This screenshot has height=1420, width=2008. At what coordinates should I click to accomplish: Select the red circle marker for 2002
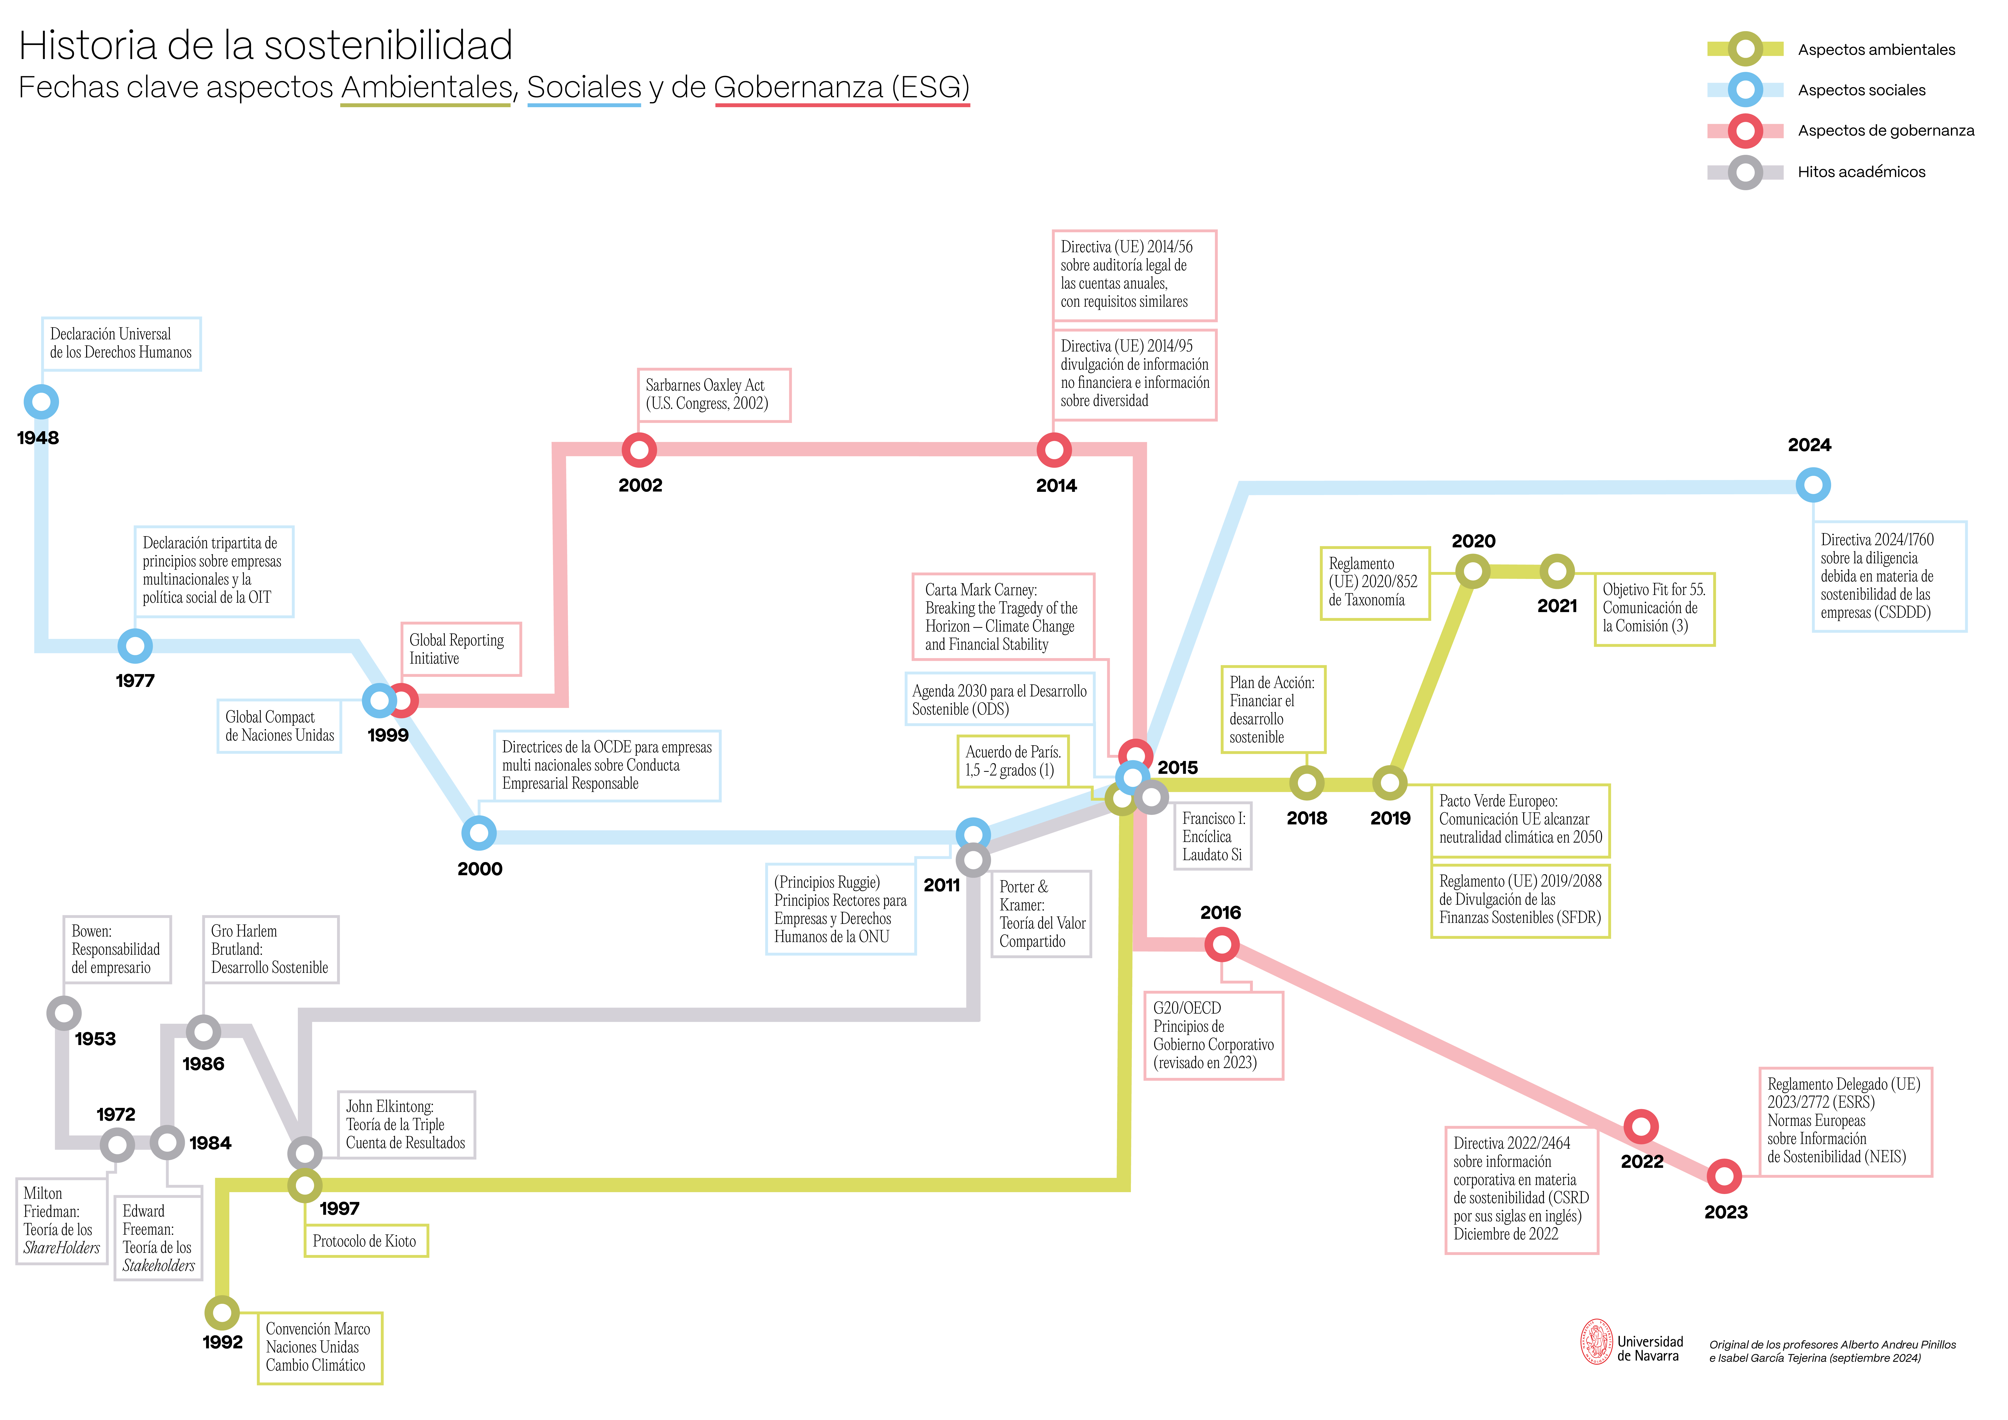[x=639, y=450]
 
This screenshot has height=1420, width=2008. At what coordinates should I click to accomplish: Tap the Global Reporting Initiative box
[x=461, y=650]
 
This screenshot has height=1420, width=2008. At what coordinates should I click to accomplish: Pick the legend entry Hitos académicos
[x=1861, y=172]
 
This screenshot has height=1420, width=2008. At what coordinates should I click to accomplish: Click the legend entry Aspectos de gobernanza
[x=1886, y=131]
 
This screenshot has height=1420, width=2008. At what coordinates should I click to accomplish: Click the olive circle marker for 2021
[x=1557, y=572]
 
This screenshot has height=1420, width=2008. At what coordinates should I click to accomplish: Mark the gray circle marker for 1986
[x=203, y=1033]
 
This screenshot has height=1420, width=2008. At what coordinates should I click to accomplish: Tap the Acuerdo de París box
[x=1013, y=762]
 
